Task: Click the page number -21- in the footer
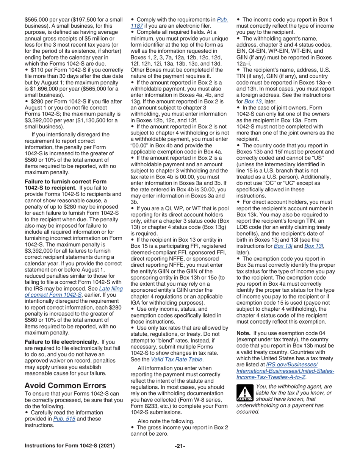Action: tap(180, 446)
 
